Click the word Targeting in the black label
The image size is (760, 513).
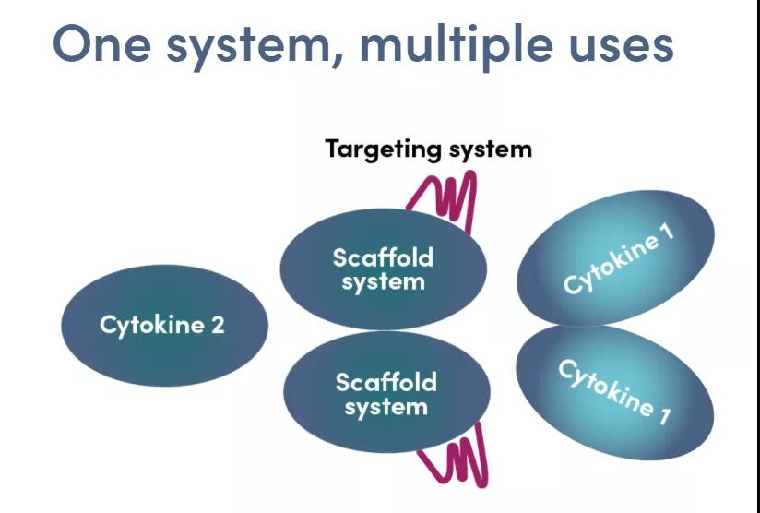tap(379, 149)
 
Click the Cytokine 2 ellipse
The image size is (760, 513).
tap(163, 326)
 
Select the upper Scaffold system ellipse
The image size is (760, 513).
tap(383, 270)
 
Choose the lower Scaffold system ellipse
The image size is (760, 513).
tap(385, 394)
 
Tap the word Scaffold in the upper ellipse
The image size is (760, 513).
tap(383, 257)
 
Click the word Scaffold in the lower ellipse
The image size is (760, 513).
tap(386, 382)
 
